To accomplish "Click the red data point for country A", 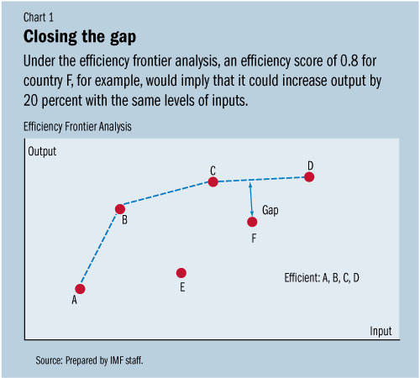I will click(81, 288).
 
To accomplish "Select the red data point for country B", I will click(120, 208).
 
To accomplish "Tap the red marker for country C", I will click(213, 181).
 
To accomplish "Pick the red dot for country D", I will click(310, 176).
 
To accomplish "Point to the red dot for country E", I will click(181, 273).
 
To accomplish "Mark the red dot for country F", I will click(252, 222).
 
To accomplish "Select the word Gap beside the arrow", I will click(270, 210).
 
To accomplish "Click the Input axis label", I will click(381, 331).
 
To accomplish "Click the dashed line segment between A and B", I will click(101, 248).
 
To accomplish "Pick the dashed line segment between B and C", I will click(166, 195).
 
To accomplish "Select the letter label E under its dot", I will click(181, 288).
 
